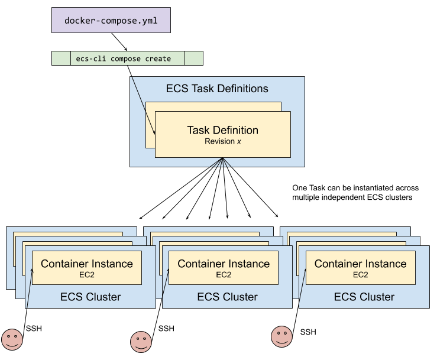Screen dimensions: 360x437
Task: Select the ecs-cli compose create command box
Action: (x=127, y=59)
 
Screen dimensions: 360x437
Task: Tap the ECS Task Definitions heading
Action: (x=217, y=89)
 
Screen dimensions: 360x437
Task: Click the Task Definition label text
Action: (x=222, y=130)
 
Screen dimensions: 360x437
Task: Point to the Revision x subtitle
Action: (x=222, y=142)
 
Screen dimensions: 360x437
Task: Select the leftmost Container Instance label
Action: (x=87, y=264)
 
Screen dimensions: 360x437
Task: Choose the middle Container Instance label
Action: (x=224, y=264)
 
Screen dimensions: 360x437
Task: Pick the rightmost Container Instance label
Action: (x=360, y=264)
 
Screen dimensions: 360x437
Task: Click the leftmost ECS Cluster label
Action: (x=90, y=297)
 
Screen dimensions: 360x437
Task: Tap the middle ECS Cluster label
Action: (x=227, y=297)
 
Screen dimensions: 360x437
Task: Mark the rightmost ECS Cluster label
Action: (x=364, y=297)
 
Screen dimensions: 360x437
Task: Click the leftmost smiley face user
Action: (x=12, y=339)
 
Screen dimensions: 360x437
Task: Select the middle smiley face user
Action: (x=140, y=340)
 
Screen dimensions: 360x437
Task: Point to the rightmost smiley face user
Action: (x=282, y=336)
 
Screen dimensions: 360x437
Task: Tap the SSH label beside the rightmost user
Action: (x=308, y=332)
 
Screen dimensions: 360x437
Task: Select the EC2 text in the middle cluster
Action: (x=224, y=275)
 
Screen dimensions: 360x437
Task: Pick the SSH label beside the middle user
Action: (x=166, y=329)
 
